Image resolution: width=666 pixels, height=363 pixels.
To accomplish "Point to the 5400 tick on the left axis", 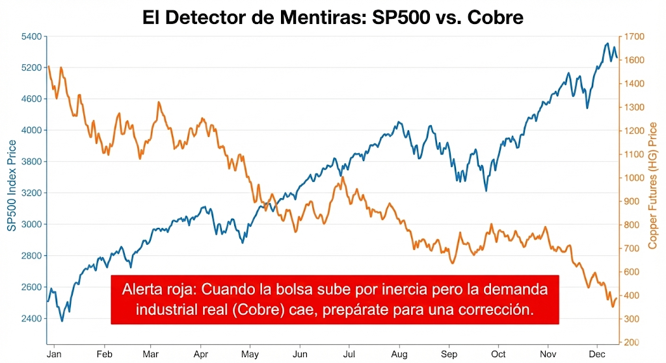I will coord(32,36).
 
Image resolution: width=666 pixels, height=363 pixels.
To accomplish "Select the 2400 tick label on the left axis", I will coord(32,318).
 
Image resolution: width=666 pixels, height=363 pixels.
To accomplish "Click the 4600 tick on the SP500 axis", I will coord(32,99).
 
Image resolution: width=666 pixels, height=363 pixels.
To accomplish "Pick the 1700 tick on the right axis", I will coord(632,36).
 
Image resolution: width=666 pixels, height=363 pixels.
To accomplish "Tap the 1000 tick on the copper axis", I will coord(632,177).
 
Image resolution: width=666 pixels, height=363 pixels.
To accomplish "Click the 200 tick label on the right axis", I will coord(632,342).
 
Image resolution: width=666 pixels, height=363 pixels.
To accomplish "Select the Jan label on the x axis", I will coord(54,355).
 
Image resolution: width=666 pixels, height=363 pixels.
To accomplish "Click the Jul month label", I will coord(349,355).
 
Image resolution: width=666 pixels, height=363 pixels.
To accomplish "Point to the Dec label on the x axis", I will coord(597,355).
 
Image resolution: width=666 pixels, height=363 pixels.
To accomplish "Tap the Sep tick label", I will coord(449,355).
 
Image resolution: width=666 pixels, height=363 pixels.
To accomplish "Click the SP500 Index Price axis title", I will coord(12,186).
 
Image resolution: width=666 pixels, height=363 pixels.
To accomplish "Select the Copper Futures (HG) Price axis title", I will coord(653,186).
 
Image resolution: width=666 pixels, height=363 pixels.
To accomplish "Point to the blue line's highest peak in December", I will coord(607,44).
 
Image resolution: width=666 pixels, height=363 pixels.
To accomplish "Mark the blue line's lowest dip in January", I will coord(62,321).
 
